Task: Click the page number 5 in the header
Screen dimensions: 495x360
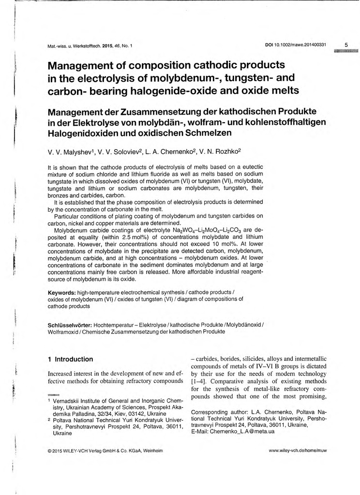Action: click(x=346, y=45)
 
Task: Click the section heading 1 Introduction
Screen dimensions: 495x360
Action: click(x=70, y=359)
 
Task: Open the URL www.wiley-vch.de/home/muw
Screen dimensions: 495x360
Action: click(x=298, y=451)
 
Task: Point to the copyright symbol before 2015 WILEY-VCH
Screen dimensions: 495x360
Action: click(x=50, y=451)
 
